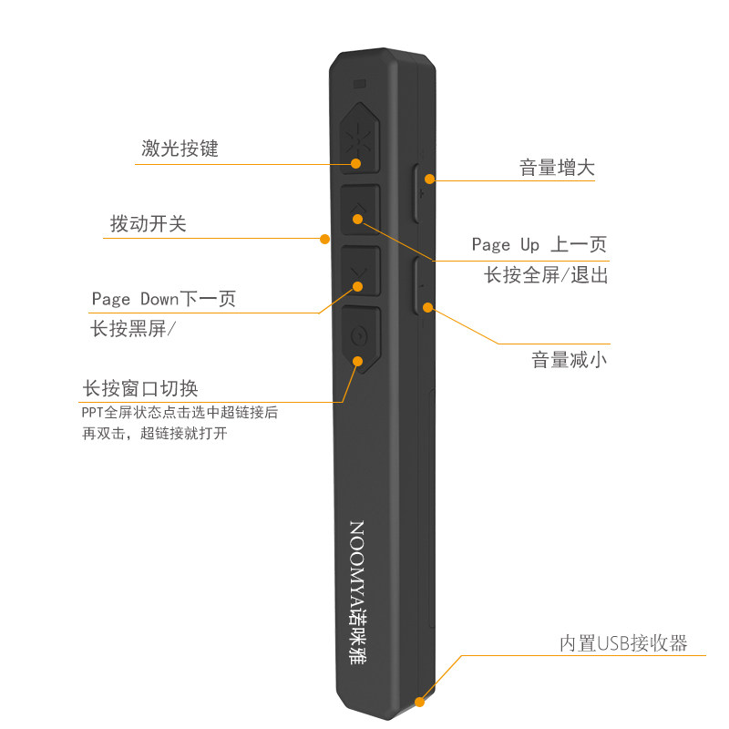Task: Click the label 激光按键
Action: pos(180,149)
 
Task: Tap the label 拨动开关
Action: pos(148,223)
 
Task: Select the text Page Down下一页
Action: pos(163,299)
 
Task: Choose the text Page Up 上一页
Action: pos(539,244)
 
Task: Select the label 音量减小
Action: pos(570,360)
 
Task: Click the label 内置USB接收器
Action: pos(622,643)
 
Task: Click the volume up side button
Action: pos(421,192)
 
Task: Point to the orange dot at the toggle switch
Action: pos(323,239)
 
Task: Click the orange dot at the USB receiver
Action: pos(420,702)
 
